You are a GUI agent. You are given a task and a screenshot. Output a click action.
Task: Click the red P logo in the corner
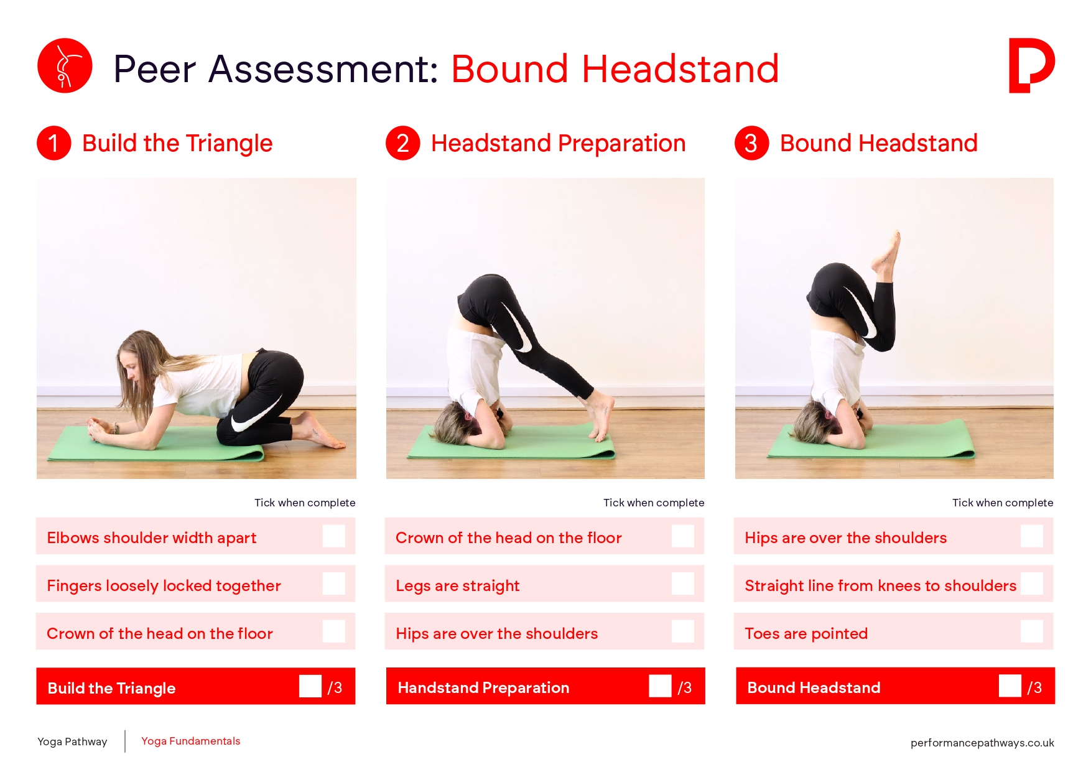[x=1031, y=65]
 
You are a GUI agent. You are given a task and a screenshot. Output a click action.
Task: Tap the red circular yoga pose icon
[x=65, y=65]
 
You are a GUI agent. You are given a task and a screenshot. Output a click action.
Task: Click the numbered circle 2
[x=403, y=143]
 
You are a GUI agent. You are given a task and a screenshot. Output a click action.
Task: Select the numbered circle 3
[x=752, y=143]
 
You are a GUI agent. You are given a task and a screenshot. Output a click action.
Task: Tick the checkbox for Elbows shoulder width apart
[x=334, y=536]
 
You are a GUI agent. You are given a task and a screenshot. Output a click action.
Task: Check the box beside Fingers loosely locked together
[x=334, y=584]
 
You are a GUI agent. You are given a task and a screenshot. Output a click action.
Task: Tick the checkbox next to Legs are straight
[x=683, y=584]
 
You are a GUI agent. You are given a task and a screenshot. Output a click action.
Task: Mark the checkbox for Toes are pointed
[x=1032, y=631]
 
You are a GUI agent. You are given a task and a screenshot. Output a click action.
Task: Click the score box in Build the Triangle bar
[x=310, y=686]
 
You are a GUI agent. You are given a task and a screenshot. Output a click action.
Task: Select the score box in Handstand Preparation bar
[x=660, y=686]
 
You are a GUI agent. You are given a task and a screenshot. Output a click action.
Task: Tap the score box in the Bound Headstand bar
[x=1010, y=686]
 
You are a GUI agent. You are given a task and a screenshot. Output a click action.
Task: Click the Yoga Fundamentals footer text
[x=190, y=741]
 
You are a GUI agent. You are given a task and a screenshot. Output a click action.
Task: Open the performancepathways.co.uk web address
[x=982, y=743]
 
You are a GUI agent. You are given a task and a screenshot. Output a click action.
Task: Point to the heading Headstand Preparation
[x=558, y=144]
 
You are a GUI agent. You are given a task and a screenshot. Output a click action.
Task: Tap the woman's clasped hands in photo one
[x=100, y=429]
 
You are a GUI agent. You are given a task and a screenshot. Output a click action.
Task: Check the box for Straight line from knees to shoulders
[x=1032, y=584]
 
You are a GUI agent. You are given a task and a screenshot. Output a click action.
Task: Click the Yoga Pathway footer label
[x=72, y=742]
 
